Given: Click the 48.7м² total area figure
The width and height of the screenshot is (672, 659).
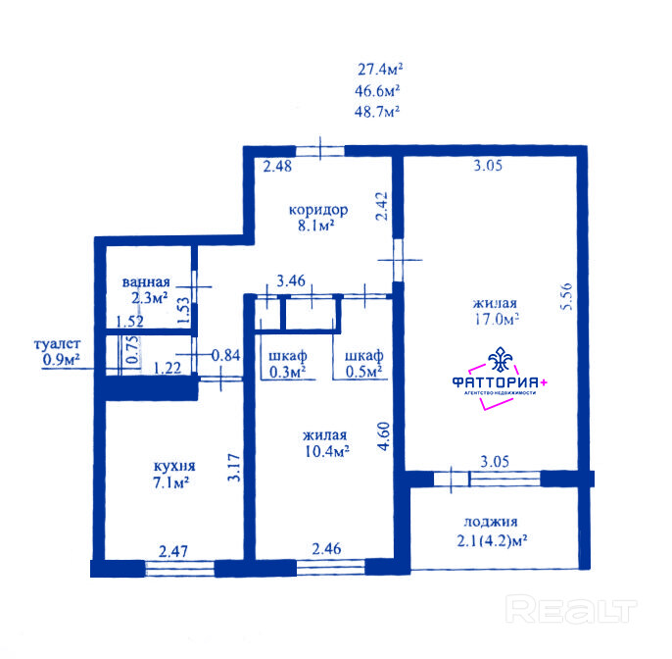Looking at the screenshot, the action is point(377,112).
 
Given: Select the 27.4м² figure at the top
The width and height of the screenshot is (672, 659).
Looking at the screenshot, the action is point(380,69).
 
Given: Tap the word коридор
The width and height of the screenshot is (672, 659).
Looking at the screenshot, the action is point(318,210).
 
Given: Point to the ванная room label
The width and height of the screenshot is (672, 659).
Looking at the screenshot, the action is point(146,281).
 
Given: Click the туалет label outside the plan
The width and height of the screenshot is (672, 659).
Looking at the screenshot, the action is point(58,343).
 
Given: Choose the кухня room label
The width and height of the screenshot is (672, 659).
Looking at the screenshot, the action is point(174,466).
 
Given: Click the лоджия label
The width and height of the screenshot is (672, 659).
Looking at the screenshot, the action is point(491,522).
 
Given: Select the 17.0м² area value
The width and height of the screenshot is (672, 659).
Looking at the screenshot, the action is point(497,319).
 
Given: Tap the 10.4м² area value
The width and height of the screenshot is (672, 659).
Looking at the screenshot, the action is point(327,451).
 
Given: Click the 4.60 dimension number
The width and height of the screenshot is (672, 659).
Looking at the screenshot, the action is point(384,435).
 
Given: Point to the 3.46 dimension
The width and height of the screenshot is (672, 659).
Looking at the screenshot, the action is point(291,281).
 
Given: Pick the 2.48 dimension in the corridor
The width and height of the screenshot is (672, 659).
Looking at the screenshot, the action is point(277,166).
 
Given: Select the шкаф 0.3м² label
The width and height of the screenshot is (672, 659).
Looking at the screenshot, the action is point(288,364).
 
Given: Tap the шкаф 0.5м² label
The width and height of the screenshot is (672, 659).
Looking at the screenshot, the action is point(363,364).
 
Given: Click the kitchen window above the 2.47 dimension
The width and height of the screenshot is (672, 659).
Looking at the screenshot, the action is point(179,569).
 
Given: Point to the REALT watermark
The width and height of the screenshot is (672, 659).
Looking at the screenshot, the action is point(571,609).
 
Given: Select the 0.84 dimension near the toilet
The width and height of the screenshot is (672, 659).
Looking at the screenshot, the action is point(226,355).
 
